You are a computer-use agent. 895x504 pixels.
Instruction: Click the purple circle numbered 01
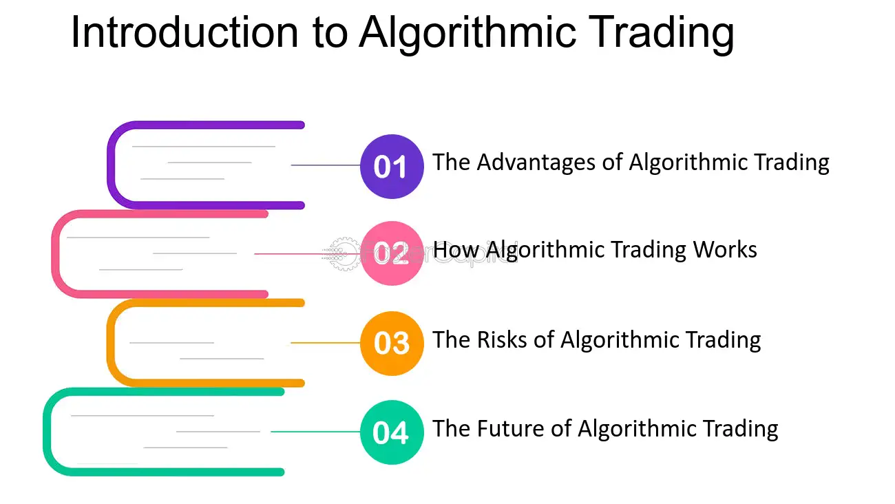(392, 166)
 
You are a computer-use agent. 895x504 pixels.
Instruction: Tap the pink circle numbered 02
(392, 253)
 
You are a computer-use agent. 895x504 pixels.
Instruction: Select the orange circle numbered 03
(392, 344)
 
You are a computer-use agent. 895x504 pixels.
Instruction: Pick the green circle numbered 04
(392, 432)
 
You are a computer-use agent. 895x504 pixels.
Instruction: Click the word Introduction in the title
(185, 32)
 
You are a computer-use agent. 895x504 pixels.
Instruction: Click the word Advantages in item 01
(536, 163)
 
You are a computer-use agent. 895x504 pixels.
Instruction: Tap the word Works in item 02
(725, 250)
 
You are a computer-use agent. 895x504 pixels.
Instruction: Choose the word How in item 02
(456, 250)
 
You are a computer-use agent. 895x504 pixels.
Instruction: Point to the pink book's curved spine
(56, 254)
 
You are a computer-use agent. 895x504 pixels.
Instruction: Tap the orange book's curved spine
(111, 343)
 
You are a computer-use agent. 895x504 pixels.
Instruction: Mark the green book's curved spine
(47, 432)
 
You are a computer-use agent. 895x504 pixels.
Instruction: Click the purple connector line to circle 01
(326, 165)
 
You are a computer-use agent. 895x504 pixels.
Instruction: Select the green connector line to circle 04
(315, 432)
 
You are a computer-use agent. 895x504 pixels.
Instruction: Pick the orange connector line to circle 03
(326, 343)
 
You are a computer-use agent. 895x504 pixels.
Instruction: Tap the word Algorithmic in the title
(468, 34)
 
